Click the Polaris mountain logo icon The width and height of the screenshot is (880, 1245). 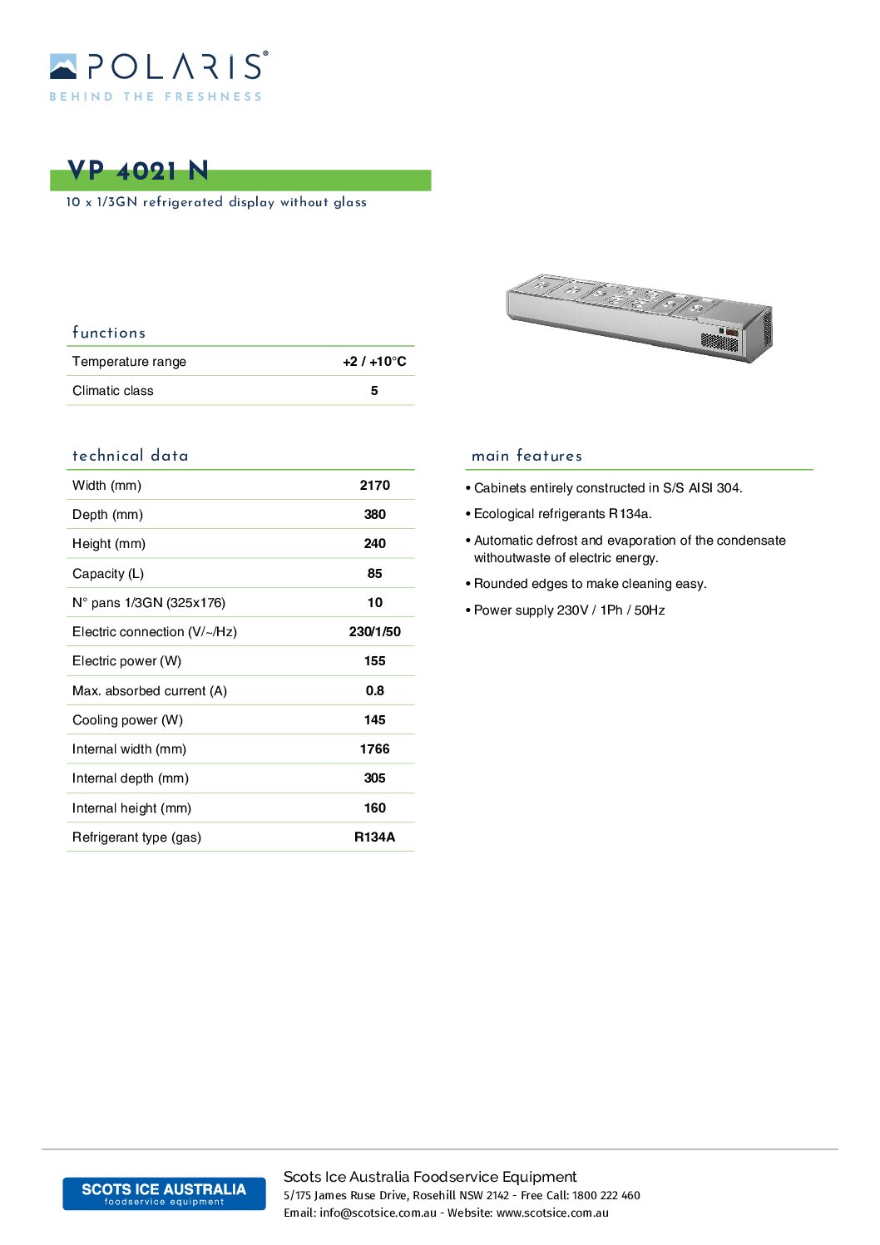pyautogui.click(x=63, y=67)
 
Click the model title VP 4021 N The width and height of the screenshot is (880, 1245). pyautogui.click(x=138, y=171)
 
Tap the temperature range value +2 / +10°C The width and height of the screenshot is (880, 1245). pyautogui.click(x=374, y=362)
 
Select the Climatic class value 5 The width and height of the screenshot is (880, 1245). pyautogui.click(x=374, y=391)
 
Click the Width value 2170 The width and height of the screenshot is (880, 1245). pyautogui.click(x=374, y=486)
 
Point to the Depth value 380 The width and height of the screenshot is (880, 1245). pyautogui.click(x=374, y=515)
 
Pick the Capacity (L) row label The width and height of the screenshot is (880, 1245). pyautogui.click(x=108, y=574)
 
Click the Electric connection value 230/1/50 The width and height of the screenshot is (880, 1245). pyautogui.click(x=374, y=632)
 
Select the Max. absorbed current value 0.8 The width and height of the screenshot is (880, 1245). pyautogui.click(x=374, y=691)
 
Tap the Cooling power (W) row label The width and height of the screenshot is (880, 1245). pyautogui.click(x=127, y=720)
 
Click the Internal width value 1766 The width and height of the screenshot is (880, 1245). pyautogui.click(x=374, y=749)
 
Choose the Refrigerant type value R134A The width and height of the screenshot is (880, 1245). pyautogui.click(x=374, y=837)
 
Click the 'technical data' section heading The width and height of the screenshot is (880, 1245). pyautogui.click(x=131, y=456)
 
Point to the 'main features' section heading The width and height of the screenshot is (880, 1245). pyautogui.click(x=527, y=456)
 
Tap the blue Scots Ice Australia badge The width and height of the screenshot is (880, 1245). pyautogui.click(x=164, y=1193)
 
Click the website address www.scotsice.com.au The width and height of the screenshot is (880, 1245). pyautogui.click(x=552, y=1213)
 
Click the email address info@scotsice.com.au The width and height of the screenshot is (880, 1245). pyautogui.click(x=378, y=1213)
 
